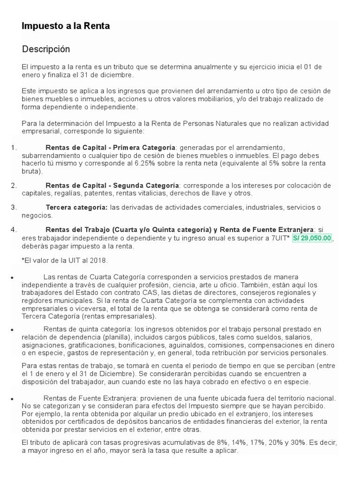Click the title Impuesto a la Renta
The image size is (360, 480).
click(x=66, y=26)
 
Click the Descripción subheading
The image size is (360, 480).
click(x=46, y=49)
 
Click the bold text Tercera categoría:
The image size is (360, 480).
click(x=76, y=207)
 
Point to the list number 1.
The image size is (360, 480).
click(x=13, y=148)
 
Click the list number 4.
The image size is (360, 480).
click(x=13, y=230)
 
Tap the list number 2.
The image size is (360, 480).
click(x=13, y=185)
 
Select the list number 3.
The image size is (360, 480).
click(x=13, y=207)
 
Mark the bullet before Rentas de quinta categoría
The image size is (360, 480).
click(x=11, y=330)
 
